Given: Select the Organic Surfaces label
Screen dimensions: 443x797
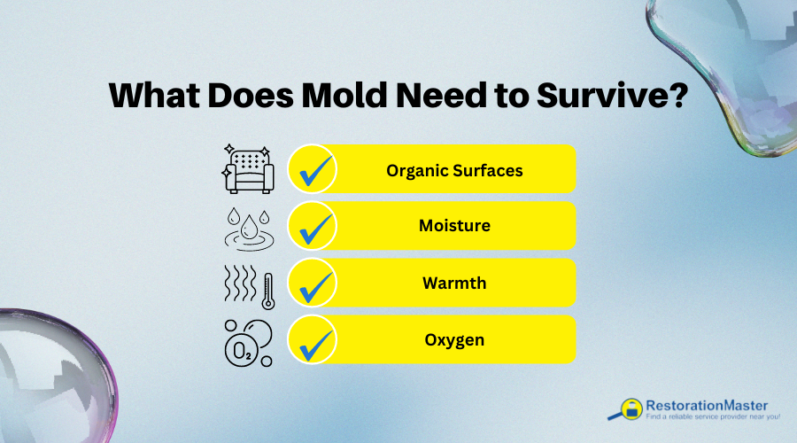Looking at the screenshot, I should (x=454, y=170).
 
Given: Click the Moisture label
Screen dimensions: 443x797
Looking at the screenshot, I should (x=454, y=226).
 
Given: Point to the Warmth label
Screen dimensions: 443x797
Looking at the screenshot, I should (x=454, y=283).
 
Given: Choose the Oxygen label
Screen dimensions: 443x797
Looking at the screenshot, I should (x=454, y=339).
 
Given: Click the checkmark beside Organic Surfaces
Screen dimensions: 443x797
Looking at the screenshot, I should (x=313, y=169).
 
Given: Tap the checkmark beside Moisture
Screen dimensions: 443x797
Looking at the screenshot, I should (x=313, y=226).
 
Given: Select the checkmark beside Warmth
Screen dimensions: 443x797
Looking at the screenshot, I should (x=313, y=283).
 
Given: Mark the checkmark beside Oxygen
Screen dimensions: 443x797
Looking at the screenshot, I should (x=313, y=339).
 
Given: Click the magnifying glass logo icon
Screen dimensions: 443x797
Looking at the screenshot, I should (x=627, y=408).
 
